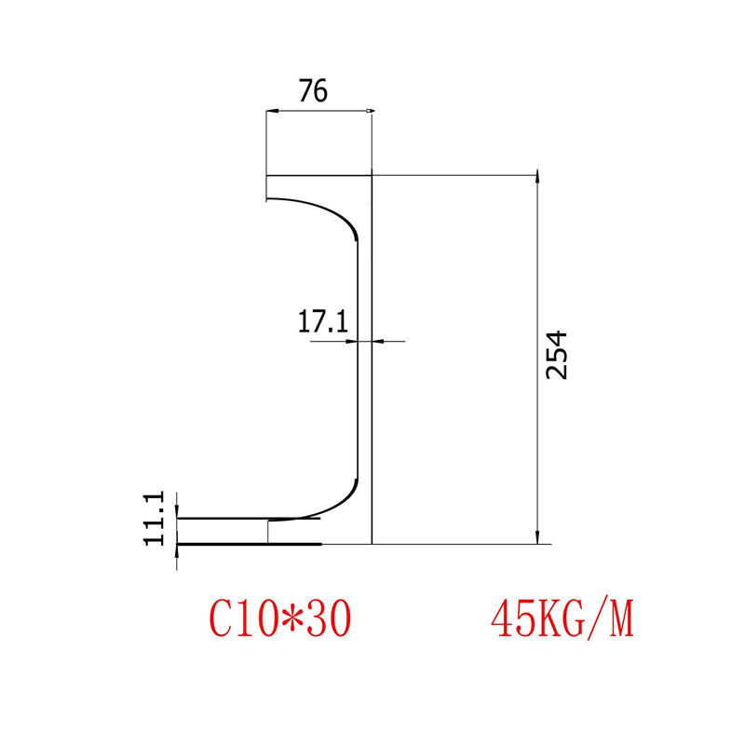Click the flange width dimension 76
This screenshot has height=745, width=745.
pos(313,91)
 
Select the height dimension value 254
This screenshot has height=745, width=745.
pos(556,354)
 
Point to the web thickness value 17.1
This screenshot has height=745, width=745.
pos(322,322)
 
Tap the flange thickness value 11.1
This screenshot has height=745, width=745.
pos(155,519)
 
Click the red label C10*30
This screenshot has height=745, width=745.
pos(280,617)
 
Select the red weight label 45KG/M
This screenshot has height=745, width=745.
pos(562,617)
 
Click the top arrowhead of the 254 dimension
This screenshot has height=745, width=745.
pos(536,178)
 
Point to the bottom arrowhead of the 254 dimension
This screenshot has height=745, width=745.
pos(536,538)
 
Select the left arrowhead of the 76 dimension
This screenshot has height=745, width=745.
pos(270,112)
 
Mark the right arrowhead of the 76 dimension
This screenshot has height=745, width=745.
pos(370,112)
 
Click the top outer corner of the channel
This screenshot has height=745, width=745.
pos(372,175)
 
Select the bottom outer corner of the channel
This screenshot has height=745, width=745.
pos(372,543)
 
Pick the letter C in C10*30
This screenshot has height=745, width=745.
pos(220,617)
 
